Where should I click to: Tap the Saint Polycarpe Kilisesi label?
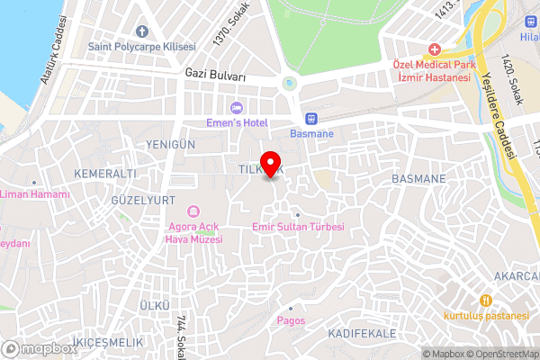coord(142,46)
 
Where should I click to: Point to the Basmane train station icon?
coord(311,118)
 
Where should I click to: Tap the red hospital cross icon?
coord(434,49)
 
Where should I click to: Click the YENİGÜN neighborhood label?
coord(170,144)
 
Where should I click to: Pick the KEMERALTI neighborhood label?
coord(106,172)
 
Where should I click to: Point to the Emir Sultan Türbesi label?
coord(299,227)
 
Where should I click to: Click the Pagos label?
coord(292,320)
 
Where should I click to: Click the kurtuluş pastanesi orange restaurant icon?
coord(485,300)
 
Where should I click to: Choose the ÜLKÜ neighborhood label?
coord(155,307)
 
